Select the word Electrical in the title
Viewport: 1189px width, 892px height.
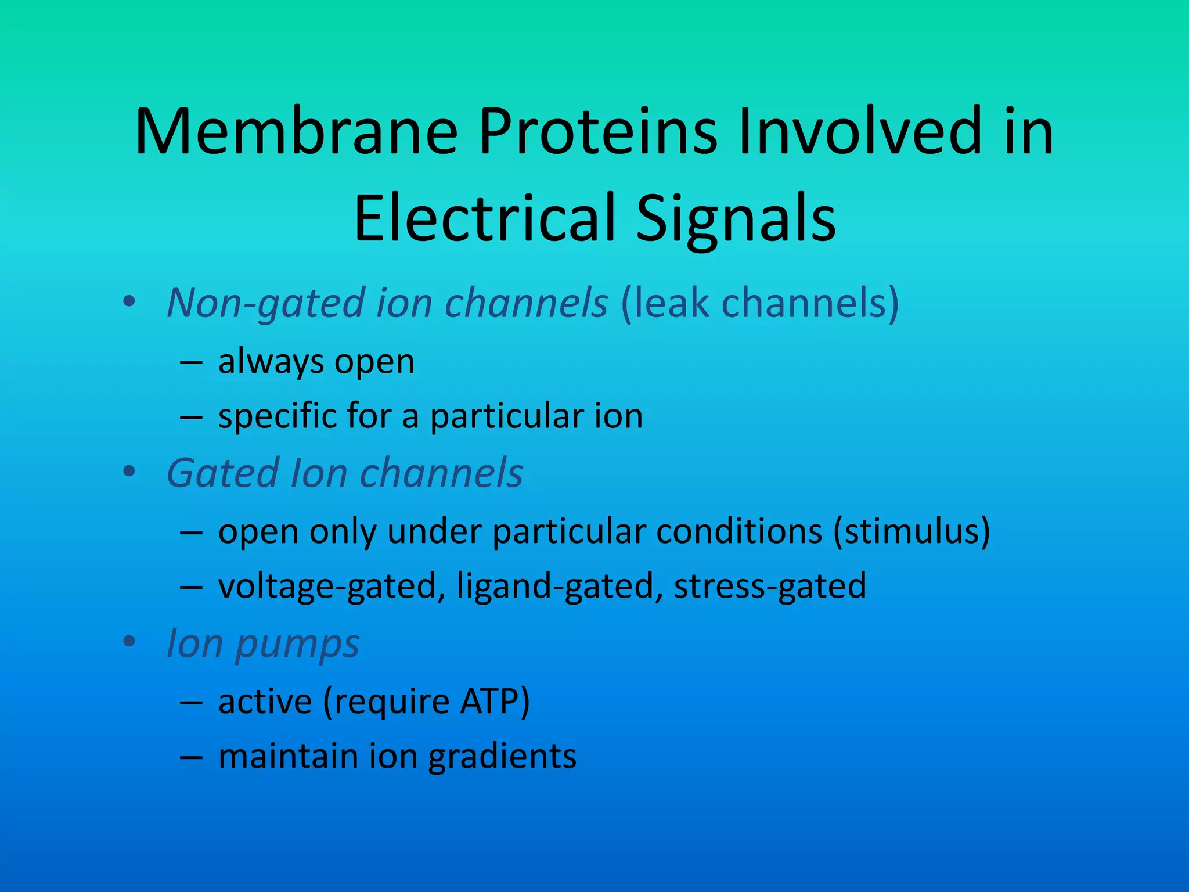click(x=485, y=218)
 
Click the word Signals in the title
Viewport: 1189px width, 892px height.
click(x=736, y=218)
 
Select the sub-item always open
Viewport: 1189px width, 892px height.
click(x=316, y=361)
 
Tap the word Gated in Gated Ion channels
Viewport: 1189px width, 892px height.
click(x=223, y=473)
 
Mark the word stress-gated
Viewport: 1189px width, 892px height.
click(x=770, y=586)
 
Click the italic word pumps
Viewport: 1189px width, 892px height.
click(x=297, y=645)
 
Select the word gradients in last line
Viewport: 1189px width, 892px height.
click(x=502, y=756)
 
